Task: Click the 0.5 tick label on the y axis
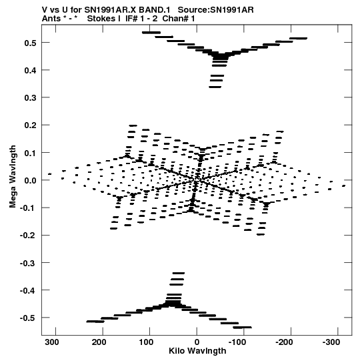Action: pos(31,43)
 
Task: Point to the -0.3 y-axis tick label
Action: pos(28,263)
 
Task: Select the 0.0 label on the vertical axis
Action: pos(31,180)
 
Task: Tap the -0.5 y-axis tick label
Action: pos(28,318)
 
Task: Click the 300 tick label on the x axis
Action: pos(52,342)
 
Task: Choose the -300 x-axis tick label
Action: pos(331,342)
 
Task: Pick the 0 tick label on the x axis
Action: pos(197,342)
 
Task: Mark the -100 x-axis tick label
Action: pos(237,342)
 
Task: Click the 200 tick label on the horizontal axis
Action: pos(99,342)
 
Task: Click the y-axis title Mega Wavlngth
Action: pos(13,177)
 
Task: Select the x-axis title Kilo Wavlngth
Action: pos(197,351)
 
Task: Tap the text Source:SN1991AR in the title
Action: pos(216,10)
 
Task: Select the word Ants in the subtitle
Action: pos(51,19)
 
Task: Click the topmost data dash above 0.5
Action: pos(151,33)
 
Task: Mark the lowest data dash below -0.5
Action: pos(242,327)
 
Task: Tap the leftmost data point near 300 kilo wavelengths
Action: pos(50,173)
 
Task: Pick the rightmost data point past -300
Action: pos(344,186)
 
